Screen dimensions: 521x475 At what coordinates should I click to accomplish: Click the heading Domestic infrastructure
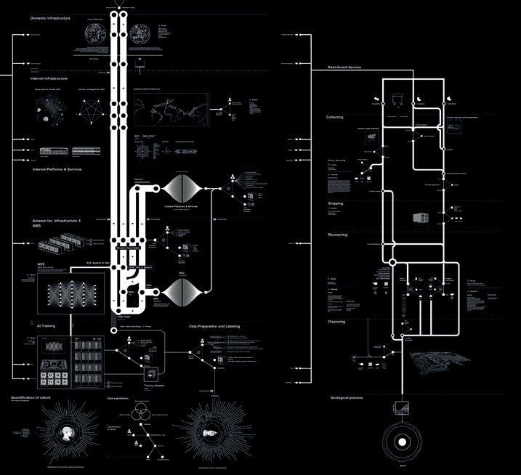click(x=50, y=17)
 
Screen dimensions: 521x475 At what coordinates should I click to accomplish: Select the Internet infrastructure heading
click(x=49, y=78)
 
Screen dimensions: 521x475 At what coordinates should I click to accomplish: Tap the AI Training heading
click(x=47, y=326)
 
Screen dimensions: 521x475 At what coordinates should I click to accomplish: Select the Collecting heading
click(x=335, y=117)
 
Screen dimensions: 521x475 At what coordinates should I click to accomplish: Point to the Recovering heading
click(x=337, y=235)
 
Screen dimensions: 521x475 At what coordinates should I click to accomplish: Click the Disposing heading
click(x=336, y=321)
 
